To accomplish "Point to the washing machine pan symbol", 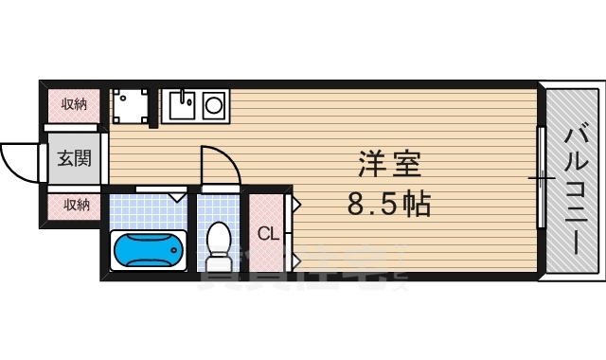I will pyautogui.click(x=130, y=105).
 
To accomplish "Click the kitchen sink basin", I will pyautogui.click(x=182, y=102).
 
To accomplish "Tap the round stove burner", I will pyautogui.click(x=214, y=102).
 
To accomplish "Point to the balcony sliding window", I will pyautogui.click(x=542, y=177).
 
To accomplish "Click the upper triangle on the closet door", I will pyautogui.click(x=294, y=204).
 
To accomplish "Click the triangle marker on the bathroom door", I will pyautogui.click(x=176, y=197).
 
